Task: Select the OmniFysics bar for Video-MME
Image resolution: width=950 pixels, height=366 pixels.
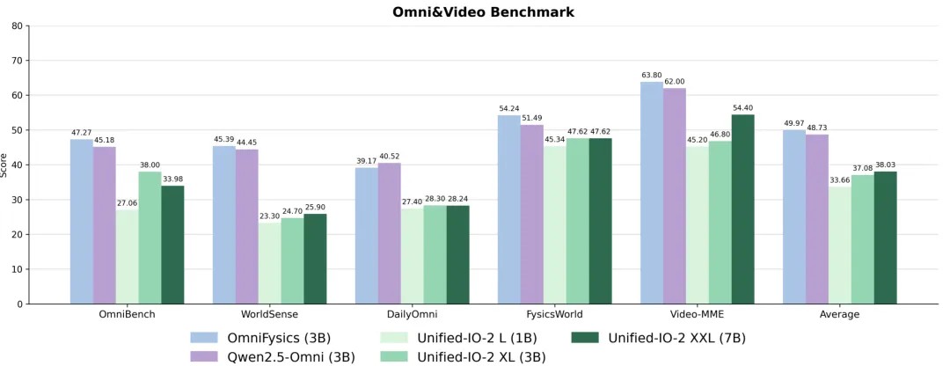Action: tap(652, 194)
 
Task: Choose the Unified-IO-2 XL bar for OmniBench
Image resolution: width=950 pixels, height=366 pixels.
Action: tap(150, 238)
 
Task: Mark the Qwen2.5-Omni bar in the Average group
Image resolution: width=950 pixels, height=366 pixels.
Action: tap(817, 219)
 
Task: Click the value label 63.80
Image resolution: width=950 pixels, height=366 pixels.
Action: tap(652, 76)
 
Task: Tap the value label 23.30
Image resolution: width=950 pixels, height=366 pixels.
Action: tap(269, 216)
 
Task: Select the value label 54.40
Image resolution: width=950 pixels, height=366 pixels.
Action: tap(742, 108)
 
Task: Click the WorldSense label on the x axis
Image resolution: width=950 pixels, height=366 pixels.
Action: tap(269, 314)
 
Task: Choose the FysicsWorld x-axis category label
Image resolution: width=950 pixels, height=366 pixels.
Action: tap(554, 314)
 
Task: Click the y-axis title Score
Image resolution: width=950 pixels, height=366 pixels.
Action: tap(4, 165)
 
